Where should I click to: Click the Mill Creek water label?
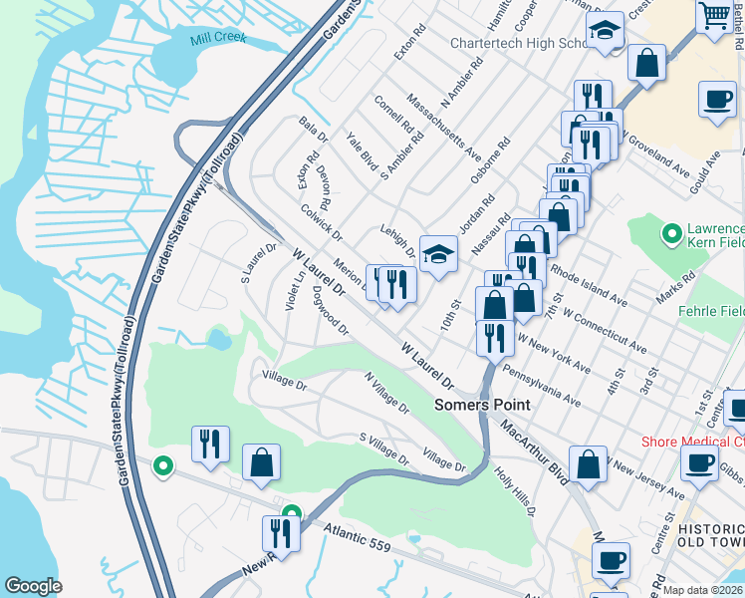(x=217, y=40)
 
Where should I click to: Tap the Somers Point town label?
(x=482, y=406)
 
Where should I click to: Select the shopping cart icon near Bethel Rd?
(x=714, y=16)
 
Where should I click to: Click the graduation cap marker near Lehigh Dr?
(x=437, y=254)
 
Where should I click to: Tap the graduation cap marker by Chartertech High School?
(x=604, y=31)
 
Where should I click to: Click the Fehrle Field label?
(x=711, y=311)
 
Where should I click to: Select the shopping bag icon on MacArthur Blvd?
(x=589, y=463)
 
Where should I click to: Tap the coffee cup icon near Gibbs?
(x=699, y=462)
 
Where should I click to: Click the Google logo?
(x=33, y=586)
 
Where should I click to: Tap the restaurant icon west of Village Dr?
(x=210, y=444)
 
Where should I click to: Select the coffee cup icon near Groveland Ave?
(x=716, y=100)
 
